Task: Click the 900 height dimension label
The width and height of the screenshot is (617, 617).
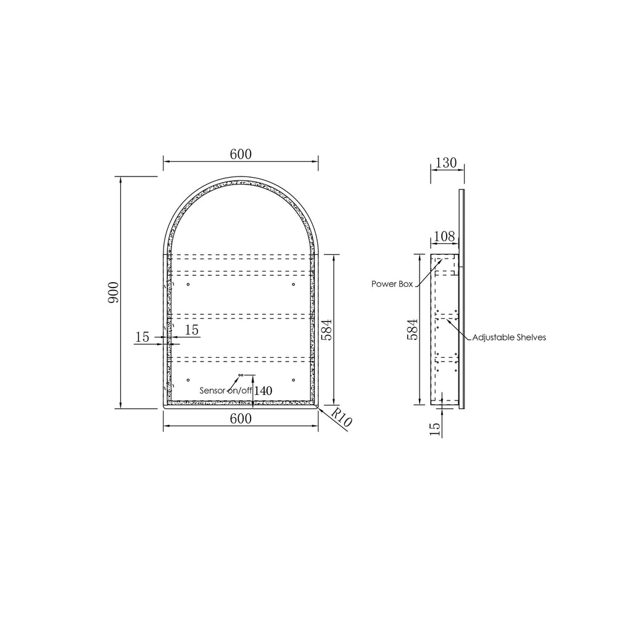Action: [113, 292]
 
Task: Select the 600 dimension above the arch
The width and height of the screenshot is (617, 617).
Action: [241, 154]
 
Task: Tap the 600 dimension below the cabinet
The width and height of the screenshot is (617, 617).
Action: [241, 419]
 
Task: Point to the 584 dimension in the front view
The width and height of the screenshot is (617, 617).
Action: [326, 329]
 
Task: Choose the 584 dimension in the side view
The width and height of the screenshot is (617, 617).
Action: [412, 329]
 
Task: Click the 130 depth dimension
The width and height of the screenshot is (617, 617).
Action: [446, 162]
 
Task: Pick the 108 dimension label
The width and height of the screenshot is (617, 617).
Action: [444, 236]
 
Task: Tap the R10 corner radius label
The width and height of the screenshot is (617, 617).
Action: [341, 418]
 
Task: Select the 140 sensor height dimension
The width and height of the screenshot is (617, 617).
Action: [263, 391]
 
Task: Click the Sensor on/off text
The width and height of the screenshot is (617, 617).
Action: [225, 391]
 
